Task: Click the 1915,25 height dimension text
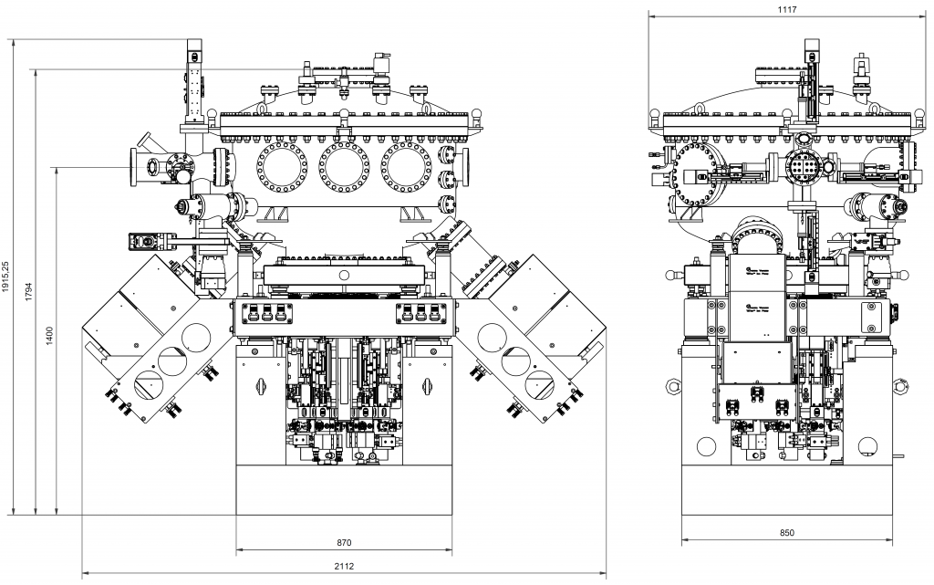[7, 277]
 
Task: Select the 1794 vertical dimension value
[29, 291]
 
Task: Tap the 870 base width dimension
[344, 543]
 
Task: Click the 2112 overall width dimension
[344, 567]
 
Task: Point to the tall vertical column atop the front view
[194, 82]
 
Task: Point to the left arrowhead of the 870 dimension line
[239, 551]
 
